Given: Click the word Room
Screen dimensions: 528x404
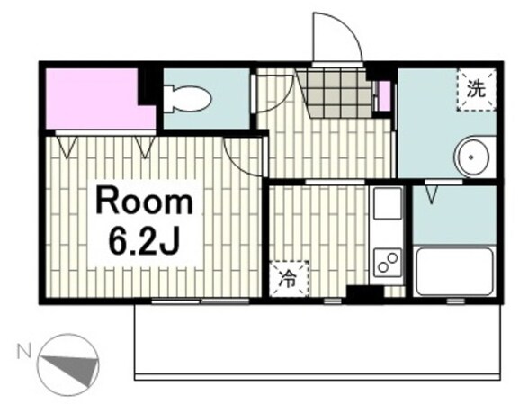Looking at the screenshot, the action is [144, 202].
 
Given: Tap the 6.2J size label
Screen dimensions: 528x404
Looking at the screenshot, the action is [143, 243].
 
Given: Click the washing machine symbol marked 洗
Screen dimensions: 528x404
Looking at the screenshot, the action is [476, 90].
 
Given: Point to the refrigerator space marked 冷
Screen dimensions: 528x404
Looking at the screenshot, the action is [290, 279].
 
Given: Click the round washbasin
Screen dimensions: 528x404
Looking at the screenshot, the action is [471, 157].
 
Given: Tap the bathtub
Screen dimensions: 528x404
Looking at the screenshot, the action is [454, 272].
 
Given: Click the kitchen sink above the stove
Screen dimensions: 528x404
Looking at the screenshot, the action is [386, 203].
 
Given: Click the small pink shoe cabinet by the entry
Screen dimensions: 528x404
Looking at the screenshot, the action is [384, 96].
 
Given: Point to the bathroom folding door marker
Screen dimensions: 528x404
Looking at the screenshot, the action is [432, 195].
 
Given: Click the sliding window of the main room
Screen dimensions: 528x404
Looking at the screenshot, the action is [201, 301].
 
